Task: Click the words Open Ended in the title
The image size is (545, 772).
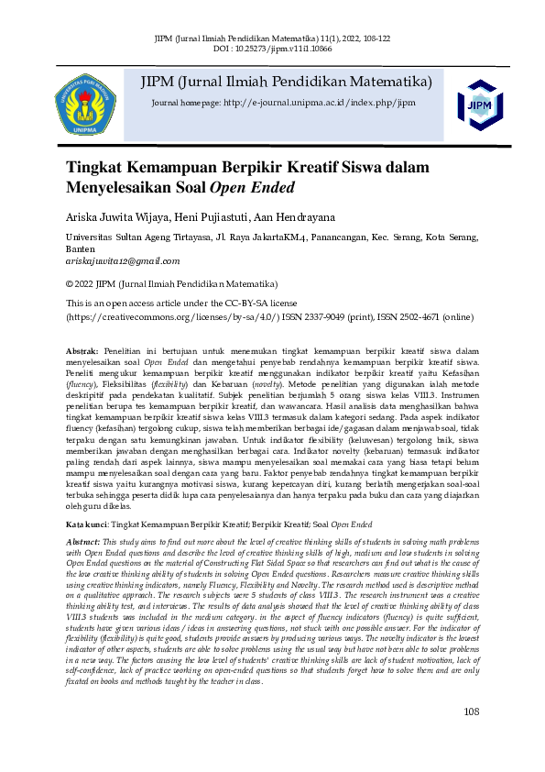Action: pos(252,189)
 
